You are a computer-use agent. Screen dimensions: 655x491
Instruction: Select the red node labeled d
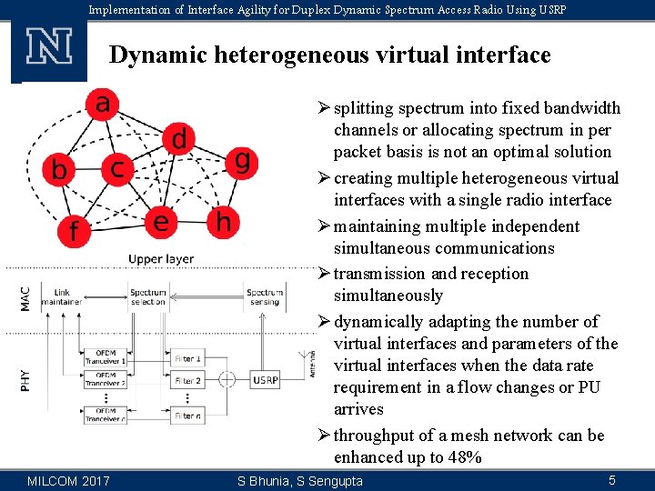[x=179, y=139]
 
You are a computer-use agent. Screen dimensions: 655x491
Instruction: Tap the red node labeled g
[x=240, y=162]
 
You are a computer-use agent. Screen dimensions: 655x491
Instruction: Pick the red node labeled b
[x=60, y=170]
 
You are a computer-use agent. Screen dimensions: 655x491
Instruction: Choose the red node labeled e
[x=161, y=222]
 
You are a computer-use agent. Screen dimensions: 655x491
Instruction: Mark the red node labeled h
[x=221, y=221]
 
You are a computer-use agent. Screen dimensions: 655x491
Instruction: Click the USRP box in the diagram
[x=265, y=380]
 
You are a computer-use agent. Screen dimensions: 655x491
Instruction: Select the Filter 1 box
[x=187, y=359]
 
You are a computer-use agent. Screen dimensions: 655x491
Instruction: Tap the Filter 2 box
[x=187, y=381]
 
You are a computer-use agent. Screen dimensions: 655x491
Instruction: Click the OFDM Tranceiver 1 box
[x=106, y=357]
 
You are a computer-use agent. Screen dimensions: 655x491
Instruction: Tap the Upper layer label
[x=161, y=259]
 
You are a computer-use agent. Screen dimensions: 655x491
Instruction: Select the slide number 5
[x=612, y=480]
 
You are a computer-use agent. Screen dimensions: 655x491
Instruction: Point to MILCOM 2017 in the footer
[x=69, y=480]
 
